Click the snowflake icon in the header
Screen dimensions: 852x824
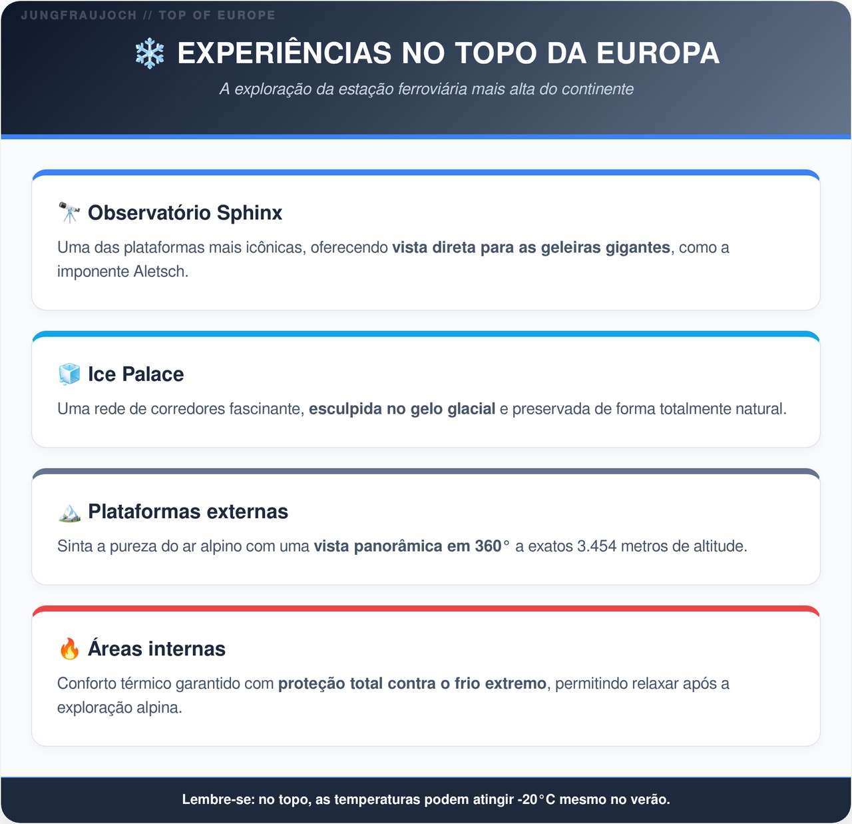(150, 53)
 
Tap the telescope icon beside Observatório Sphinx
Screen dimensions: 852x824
(69, 212)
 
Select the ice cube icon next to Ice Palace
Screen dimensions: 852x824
(69, 374)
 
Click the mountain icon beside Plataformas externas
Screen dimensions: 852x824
(69, 512)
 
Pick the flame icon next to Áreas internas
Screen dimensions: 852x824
(69, 649)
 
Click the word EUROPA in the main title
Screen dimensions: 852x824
(658, 53)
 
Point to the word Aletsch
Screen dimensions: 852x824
(160, 272)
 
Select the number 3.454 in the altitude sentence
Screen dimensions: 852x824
(597, 546)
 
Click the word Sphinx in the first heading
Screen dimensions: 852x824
(250, 213)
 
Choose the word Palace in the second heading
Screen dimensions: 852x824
(153, 374)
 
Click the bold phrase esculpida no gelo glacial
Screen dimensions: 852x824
(402, 409)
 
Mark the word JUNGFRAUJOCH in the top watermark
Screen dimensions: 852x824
(79, 15)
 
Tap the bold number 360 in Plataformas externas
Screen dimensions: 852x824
(488, 546)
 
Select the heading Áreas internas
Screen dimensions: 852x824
(156, 649)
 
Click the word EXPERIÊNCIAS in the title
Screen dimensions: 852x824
(284, 53)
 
